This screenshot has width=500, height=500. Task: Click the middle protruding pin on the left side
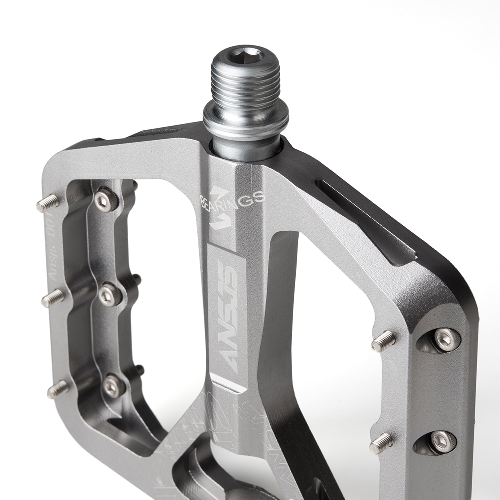click(x=52, y=298)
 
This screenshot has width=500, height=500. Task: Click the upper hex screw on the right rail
click(x=445, y=339)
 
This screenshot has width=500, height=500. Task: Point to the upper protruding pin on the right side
click(x=383, y=341)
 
